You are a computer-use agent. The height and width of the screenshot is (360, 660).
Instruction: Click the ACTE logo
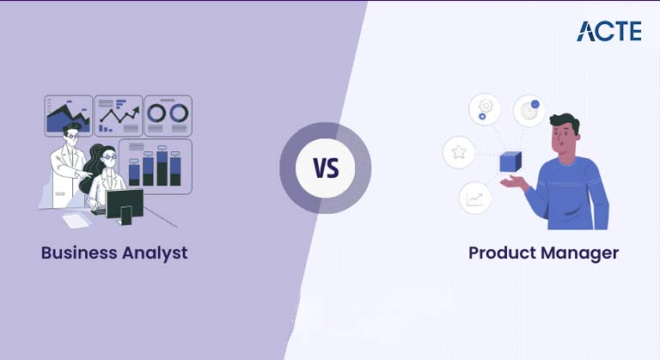(608, 31)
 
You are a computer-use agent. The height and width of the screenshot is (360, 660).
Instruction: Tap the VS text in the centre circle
(326, 168)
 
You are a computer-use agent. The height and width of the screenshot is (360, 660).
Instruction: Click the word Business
(78, 253)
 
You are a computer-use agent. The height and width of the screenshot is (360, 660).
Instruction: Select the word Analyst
(155, 253)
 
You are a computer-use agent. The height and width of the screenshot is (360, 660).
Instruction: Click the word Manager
(580, 253)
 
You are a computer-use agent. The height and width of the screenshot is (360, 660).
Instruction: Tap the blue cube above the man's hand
(510, 162)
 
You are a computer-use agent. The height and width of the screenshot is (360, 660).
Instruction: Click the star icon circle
(459, 153)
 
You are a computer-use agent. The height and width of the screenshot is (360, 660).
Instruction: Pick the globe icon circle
(529, 111)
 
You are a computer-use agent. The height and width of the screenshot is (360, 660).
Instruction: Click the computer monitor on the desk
(125, 204)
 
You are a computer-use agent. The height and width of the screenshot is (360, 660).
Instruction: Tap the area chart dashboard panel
(68, 114)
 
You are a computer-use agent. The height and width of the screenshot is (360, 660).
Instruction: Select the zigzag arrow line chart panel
(118, 114)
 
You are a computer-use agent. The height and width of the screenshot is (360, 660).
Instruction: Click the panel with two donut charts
(168, 114)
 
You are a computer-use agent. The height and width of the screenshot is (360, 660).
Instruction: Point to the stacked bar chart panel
(156, 165)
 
